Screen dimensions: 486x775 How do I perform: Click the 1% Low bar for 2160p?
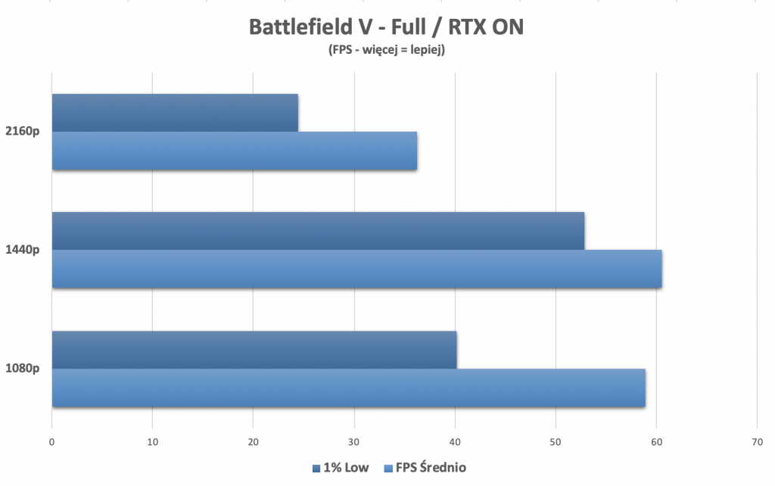(175, 113)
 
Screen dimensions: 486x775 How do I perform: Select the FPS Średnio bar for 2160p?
(235, 151)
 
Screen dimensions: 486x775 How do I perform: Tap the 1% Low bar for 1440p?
(318, 231)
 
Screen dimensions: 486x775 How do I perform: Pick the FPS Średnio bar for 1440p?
(356, 269)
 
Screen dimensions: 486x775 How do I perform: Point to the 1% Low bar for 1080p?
(254, 350)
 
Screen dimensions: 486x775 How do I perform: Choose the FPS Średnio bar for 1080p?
(348, 388)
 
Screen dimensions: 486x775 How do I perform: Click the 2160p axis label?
(24, 131)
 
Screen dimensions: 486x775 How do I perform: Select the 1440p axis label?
(24, 250)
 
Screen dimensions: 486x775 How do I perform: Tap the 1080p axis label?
(24, 369)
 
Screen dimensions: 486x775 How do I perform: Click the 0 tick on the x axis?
(51, 443)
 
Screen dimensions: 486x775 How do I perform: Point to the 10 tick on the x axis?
(152, 443)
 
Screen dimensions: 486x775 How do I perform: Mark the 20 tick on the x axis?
(253, 443)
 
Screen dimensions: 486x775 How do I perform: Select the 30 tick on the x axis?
(354, 443)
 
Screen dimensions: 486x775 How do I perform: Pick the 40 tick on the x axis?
(455, 443)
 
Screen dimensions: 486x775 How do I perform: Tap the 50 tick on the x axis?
(556, 443)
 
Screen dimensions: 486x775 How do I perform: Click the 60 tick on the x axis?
(656, 443)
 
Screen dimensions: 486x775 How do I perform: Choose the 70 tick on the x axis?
(757, 443)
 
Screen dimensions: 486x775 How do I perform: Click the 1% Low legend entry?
(341, 468)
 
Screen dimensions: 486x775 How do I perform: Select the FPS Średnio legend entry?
(425, 468)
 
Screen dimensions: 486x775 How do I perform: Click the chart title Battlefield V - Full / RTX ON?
(386, 27)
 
